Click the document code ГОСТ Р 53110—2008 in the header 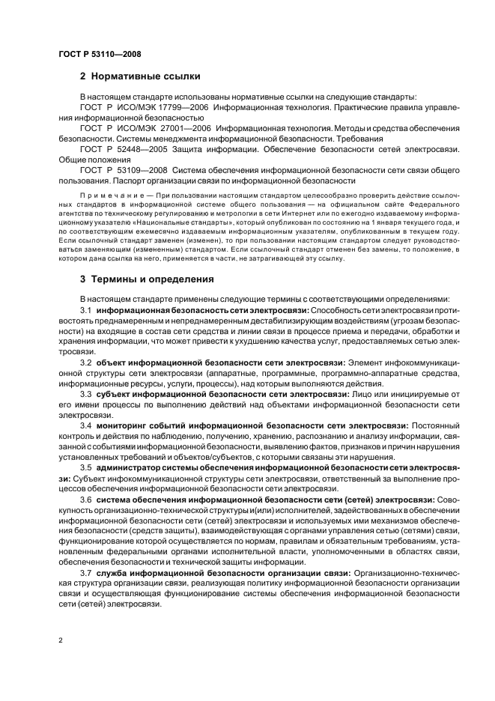(x=99, y=54)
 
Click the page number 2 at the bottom (x=60, y=640)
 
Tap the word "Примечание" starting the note (x=108, y=193)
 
